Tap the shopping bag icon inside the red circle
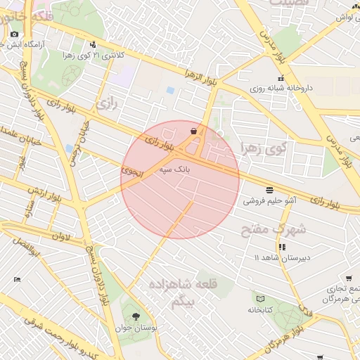coord(193,130)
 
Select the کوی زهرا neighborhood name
coord(264,148)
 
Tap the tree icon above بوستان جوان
coord(135,316)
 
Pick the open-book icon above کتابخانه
coord(259,299)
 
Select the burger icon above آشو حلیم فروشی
coord(270,190)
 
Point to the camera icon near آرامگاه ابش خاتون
coord(14,34)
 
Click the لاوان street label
coord(60,237)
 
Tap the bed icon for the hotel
coord(18,280)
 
